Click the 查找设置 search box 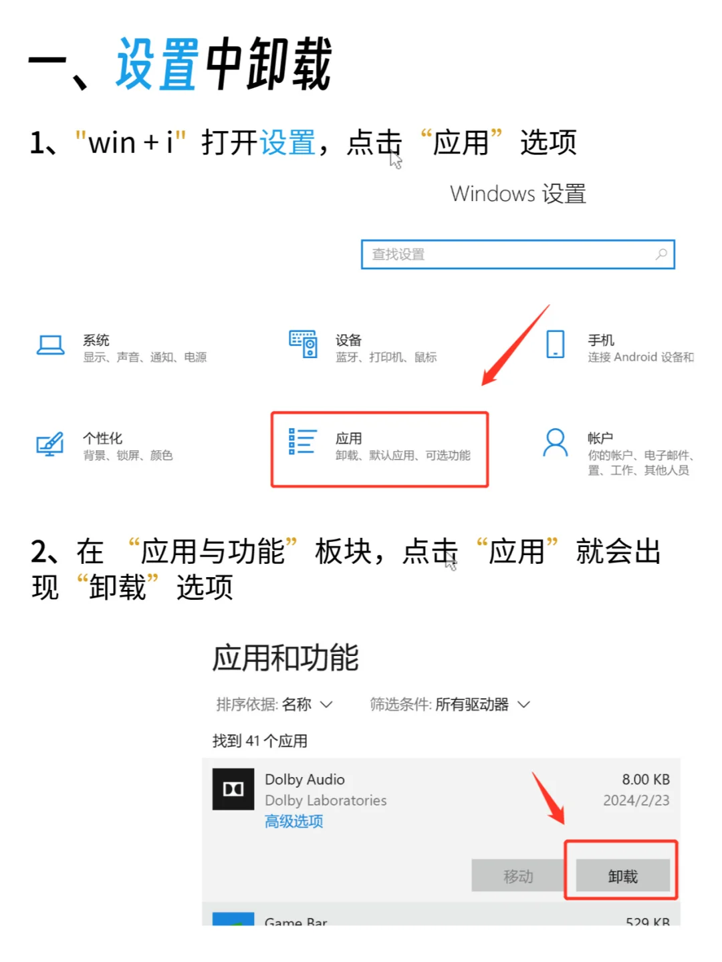(x=508, y=255)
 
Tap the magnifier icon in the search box (x=660, y=255)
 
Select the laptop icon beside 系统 (x=51, y=345)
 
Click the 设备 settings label (x=348, y=340)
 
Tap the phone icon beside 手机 (x=556, y=345)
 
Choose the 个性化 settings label (x=102, y=438)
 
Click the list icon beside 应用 (x=302, y=442)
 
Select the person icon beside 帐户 (x=555, y=443)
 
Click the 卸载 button (x=622, y=876)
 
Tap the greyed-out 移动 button (x=518, y=876)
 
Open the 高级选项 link (x=293, y=821)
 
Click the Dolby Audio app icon (x=233, y=789)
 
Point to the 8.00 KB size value (x=645, y=780)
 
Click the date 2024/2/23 (x=636, y=800)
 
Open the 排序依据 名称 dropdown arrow (x=326, y=704)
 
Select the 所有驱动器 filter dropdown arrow (x=524, y=704)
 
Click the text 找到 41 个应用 (x=260, y=741)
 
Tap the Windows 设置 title (x=518, y=194)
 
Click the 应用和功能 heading (x=285, y=658)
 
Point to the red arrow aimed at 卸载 (x=550, y=800)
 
